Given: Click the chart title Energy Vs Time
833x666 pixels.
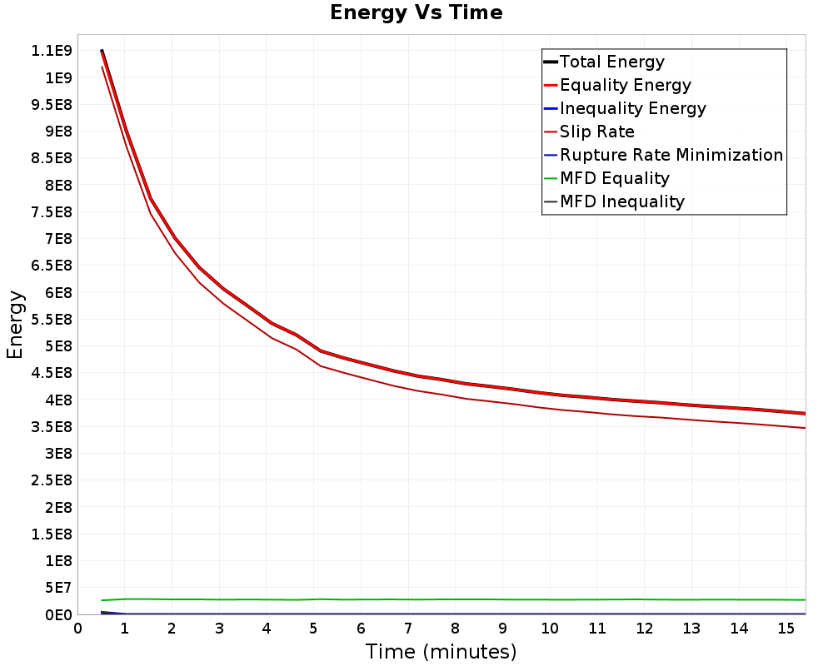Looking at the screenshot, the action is [x=416, y=12].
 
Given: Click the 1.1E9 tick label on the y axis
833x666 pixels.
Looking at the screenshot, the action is [x=52, y=51].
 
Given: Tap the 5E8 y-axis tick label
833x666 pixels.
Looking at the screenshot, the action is [x=58, y=346].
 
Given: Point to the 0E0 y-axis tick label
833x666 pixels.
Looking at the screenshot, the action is [x=58, y=615].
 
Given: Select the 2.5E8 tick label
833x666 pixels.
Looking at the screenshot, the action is [x=52, y=480].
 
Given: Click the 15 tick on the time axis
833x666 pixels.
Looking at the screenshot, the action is [x=786, y=629].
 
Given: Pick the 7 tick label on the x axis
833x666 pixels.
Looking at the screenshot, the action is [x=408, y=629].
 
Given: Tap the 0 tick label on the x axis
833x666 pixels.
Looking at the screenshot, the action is [x=78, y=629].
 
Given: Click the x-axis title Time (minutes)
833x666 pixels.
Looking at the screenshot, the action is [x=441, y=652].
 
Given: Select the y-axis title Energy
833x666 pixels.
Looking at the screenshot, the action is [x=15, y=325].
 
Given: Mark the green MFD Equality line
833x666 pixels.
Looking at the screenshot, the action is [x=454, y=599].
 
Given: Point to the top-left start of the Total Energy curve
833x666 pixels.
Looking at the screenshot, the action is [x=102, y=51].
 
